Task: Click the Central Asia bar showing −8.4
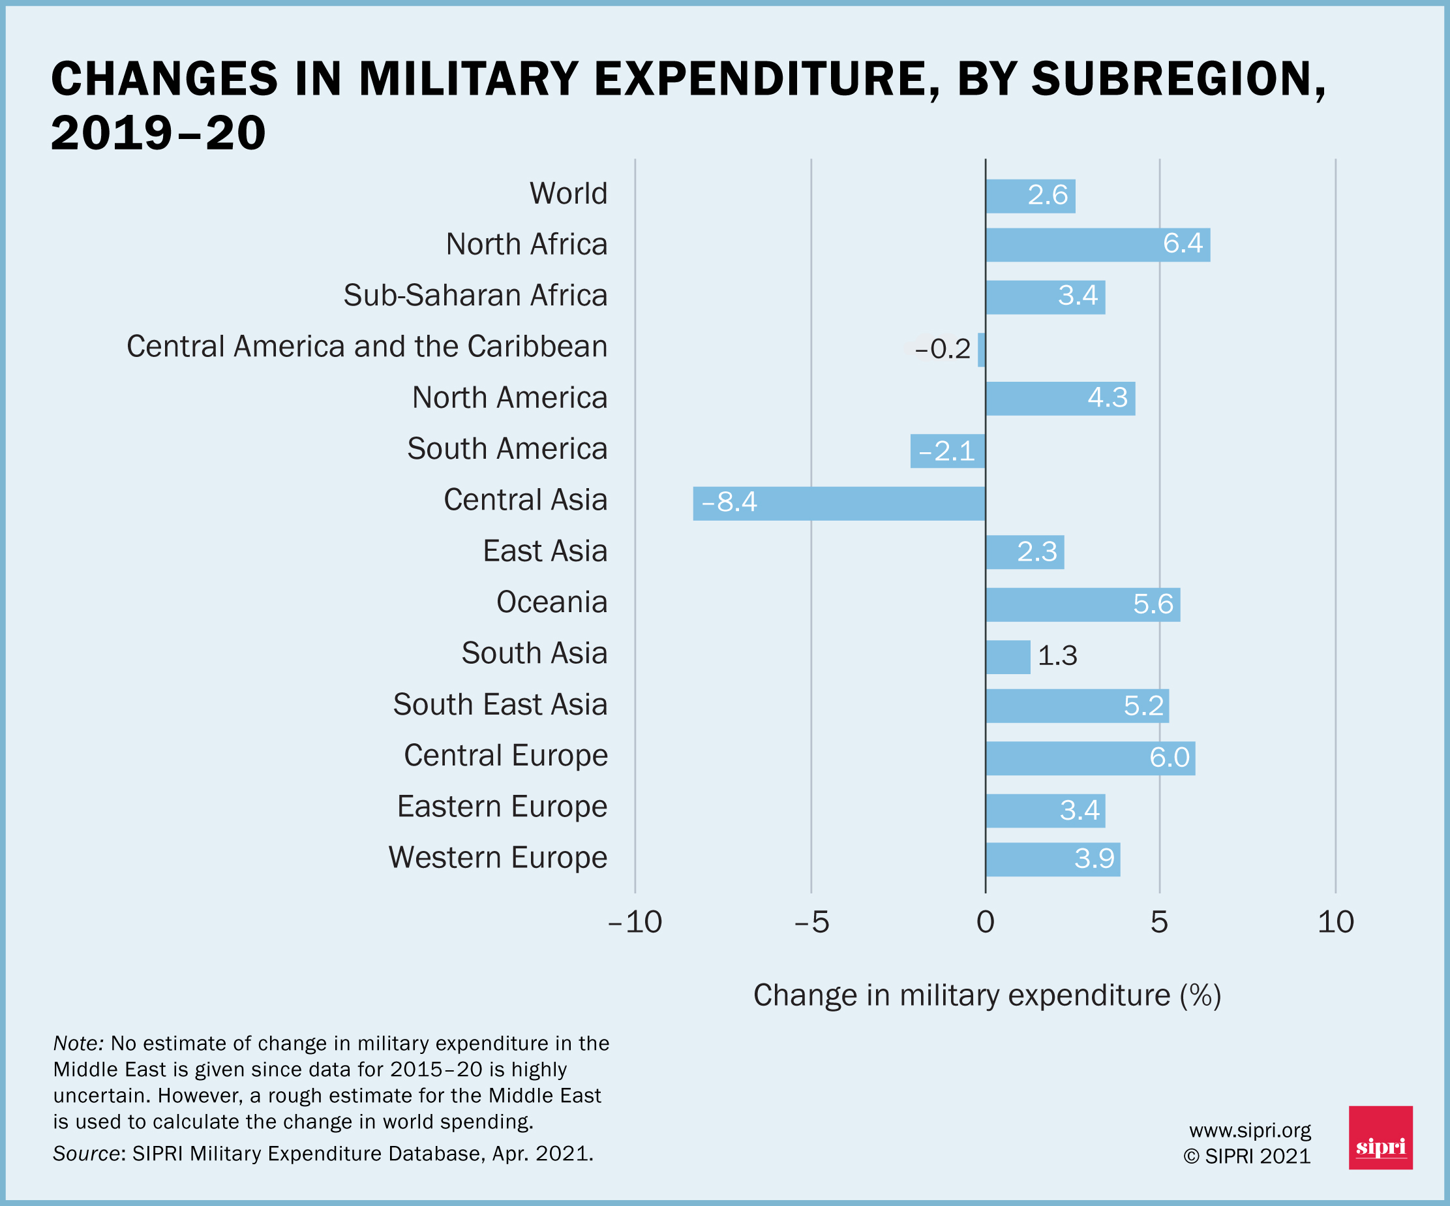839,504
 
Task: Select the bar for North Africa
1098,245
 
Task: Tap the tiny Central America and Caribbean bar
981,350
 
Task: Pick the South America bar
947,451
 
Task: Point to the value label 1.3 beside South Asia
1057,655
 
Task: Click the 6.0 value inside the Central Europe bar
1169,758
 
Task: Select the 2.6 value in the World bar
1048,196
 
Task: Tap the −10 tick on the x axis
635,922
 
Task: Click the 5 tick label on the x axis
1159,922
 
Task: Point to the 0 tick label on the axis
986,922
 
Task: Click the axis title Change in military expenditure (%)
988,995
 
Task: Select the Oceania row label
552,602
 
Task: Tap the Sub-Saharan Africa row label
475,296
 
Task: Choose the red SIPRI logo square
1381,1137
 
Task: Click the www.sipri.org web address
1250,1131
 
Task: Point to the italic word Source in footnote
86,1154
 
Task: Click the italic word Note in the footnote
78,1043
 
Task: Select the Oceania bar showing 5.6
1083,604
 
